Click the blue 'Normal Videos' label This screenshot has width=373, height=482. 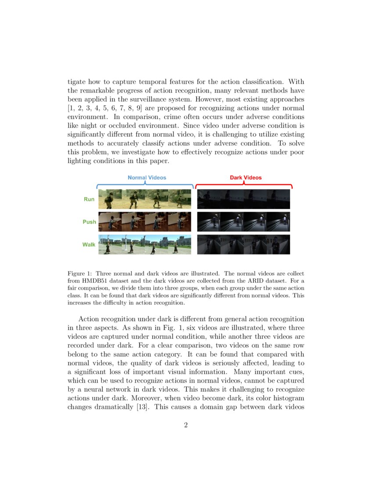coord(147,177)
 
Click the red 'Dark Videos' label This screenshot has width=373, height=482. coord(246,177)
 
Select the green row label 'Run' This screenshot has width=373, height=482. coord(89,199)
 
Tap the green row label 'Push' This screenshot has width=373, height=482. coord(89,222)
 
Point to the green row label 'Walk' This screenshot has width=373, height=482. coord(89,245)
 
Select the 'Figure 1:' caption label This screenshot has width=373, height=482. coord(80,273)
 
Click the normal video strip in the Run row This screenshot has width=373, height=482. coord(144,199)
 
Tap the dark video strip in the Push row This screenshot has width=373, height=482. coord(244,222)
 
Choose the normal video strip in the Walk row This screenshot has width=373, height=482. coord(144,245)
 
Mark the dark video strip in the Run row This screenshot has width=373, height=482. coord(244,199)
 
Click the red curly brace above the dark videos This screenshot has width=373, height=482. coord(244,185)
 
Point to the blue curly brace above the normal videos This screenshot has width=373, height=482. coord(145,185)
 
